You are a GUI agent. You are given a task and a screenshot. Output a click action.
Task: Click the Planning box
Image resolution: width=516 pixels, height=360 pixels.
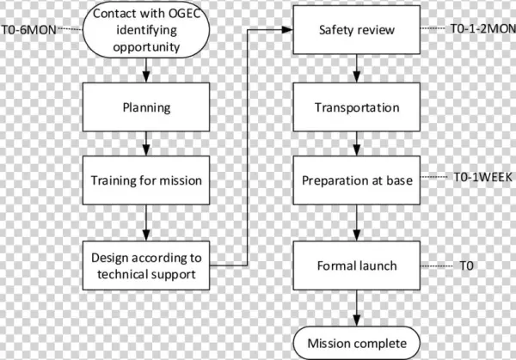click(x=146, y=108)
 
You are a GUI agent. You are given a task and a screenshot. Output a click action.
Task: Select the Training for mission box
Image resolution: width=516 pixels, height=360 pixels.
click(x=146, y=180)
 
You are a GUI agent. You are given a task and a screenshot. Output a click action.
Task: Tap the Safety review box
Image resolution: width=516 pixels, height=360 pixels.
click(x=356, y=31)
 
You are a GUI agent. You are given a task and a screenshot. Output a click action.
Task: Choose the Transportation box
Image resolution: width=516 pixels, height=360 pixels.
click(x=356, y=108)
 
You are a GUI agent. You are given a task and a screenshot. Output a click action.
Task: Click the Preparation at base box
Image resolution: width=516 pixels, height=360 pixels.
click(x=356, y=180)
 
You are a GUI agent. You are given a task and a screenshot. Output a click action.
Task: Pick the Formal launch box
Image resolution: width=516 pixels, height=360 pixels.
click(x=356, y=265)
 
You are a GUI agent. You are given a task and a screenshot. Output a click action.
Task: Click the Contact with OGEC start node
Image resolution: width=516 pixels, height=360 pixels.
click(x=146, y=31)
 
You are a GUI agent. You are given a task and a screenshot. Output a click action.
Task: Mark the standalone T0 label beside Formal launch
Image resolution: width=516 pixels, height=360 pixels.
click(x=466, y=265)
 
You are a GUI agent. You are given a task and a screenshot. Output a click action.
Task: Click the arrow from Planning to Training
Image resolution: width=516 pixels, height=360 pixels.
click(x=146, y=141)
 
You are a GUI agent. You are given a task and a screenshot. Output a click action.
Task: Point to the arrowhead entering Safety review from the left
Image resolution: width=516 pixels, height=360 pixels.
click(x=289, y=31)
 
